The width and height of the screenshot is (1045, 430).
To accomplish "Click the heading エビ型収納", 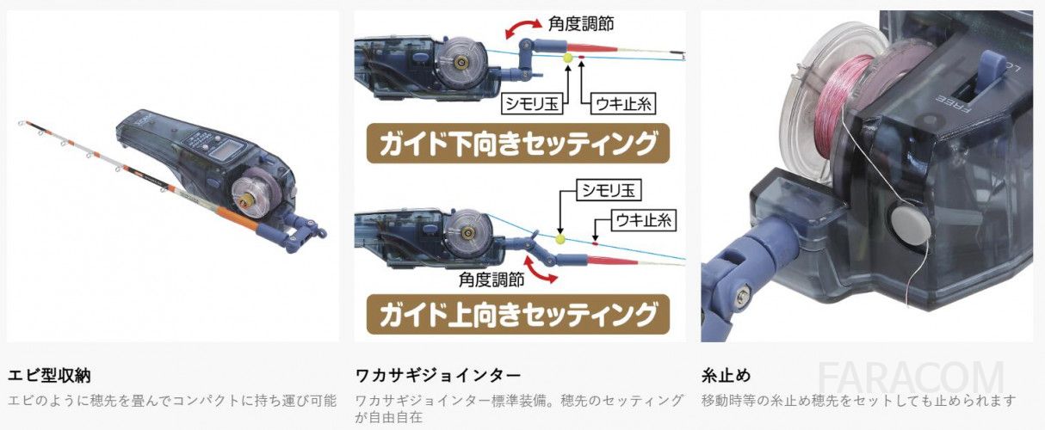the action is tap(49, 376).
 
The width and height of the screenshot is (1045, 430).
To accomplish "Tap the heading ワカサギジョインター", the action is tap(438, 375).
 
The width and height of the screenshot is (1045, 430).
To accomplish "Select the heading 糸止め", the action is tap(727, 376).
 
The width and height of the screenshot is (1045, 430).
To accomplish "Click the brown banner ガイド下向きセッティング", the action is tap(518, 144).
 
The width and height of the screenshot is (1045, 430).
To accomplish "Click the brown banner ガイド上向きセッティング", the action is tap(518, 315).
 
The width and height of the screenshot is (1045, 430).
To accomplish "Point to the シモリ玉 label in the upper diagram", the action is tap(532, 103).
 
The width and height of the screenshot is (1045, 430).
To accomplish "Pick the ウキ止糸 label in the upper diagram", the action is tap(623, 103).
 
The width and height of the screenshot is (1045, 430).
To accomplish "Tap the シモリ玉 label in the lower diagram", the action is tap(609, 189).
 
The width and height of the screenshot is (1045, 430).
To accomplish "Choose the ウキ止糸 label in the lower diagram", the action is tap(643, 220).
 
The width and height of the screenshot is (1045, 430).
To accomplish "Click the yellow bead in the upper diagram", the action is tap(568, 58).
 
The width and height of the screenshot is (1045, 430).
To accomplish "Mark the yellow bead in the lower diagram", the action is tap(560, 239).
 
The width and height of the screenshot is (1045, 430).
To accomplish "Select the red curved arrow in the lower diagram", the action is tap(541, 271).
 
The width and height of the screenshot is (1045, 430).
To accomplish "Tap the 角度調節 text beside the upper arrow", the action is tap(581, 23).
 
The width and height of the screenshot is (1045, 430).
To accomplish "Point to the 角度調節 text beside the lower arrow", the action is tap(492, 279).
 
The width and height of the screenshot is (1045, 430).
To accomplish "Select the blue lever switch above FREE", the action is tap(991, 69).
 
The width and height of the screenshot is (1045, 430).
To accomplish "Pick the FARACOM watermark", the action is tap(911, 378).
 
